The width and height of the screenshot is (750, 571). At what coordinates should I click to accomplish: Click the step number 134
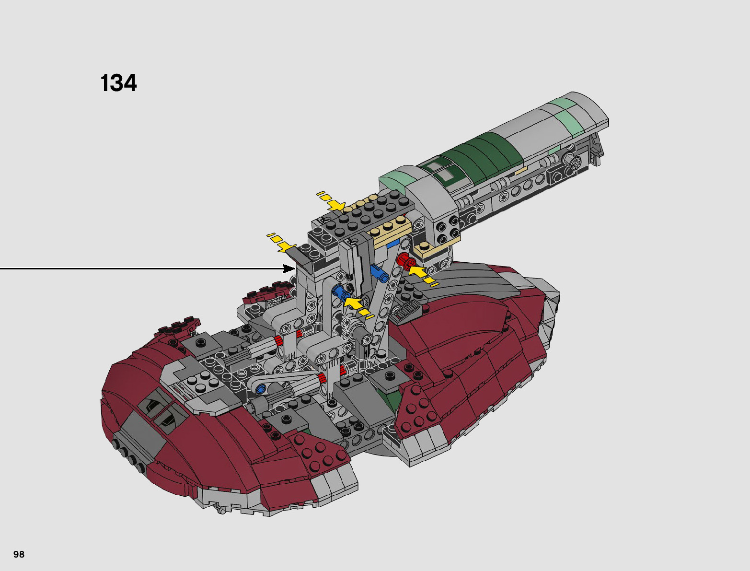click(x=118, y=83)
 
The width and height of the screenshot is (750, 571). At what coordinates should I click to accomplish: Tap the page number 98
click(x=19, y=554)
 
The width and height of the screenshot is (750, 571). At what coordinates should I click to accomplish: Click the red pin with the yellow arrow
click(x=407, y=262)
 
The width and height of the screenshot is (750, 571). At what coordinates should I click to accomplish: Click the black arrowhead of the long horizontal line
click(x=289, y=268)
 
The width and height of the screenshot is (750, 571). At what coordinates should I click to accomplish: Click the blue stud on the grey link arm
click(x=261, y=389)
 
